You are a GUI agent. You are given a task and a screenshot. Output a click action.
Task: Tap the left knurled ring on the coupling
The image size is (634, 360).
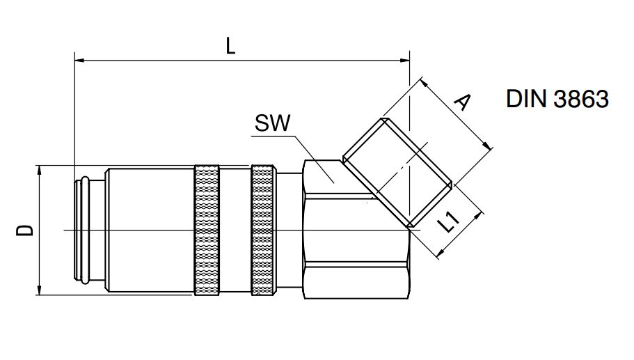click(x=207, y=230)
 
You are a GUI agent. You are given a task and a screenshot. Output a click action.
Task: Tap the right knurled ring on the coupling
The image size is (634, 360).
click(x=262, y=230)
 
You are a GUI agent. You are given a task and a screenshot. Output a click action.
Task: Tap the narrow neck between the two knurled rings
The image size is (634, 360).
click(x=235, y=230)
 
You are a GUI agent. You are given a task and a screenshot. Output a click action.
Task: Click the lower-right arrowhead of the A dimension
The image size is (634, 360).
click(x=489, y=146)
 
